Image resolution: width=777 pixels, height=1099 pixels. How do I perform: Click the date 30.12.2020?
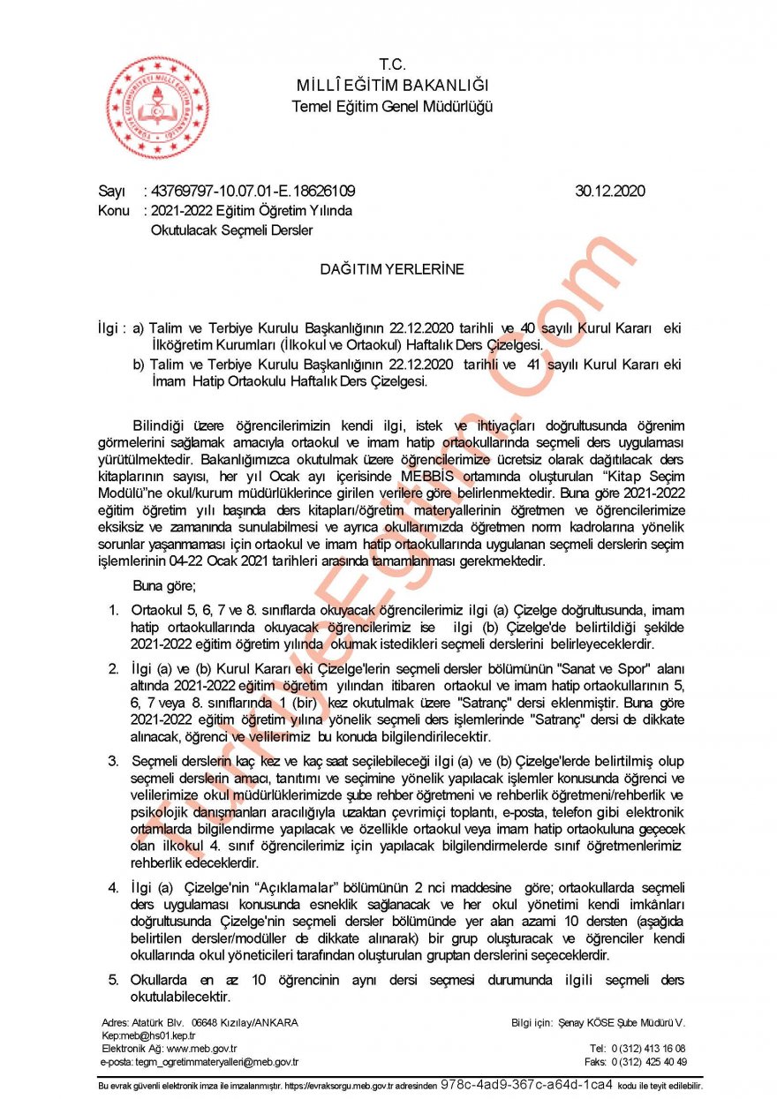(x=610, y=190)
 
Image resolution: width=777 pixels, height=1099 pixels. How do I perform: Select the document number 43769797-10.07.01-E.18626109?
(x=253, y=190)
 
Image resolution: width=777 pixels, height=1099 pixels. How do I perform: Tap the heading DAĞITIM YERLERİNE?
(x=393, y=269)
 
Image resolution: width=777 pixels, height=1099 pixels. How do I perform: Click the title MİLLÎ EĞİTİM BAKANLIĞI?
(x=393, y=85)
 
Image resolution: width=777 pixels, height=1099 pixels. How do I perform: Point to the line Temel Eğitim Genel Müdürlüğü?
(x=393, y=106)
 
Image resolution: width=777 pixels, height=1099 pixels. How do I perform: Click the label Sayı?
(x=111, y=190)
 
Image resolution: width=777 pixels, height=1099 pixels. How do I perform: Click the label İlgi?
(x=109, y=327)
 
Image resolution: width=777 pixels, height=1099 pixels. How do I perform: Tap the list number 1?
(x=113, y=610)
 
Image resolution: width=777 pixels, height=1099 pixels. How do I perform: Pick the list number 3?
(x=113, y=760)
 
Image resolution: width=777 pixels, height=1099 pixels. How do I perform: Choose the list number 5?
(x=113, y=981)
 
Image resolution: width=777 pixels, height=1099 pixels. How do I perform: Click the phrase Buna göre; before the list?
(x=164, y=585)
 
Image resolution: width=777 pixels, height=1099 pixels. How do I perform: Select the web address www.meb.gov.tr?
(x=201, y=1049)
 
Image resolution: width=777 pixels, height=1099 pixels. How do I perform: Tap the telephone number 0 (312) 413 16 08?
(x=648, y=1049)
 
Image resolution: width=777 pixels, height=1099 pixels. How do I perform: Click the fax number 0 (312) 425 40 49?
(x=648, y=1062)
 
